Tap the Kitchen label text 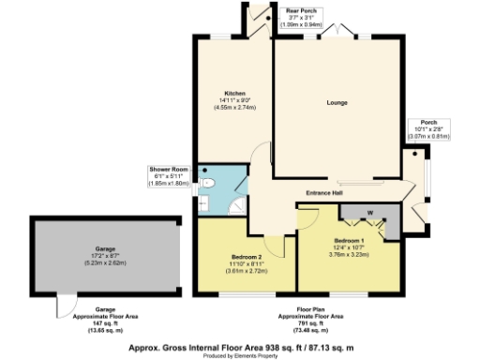click(x=234, y=94)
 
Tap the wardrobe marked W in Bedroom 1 click(x=369, y=213)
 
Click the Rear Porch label click(x=300, y=10)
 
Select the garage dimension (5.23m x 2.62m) click(x=104, y=263)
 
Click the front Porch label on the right click(x=428, y=122)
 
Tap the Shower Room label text click(x=169, y=170)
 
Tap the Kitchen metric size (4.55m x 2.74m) click(x=234, y=108)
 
